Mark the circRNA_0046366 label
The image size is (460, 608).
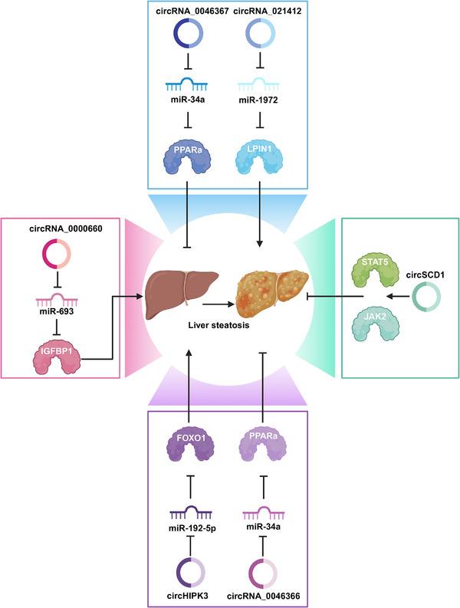(x=263, y=596)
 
